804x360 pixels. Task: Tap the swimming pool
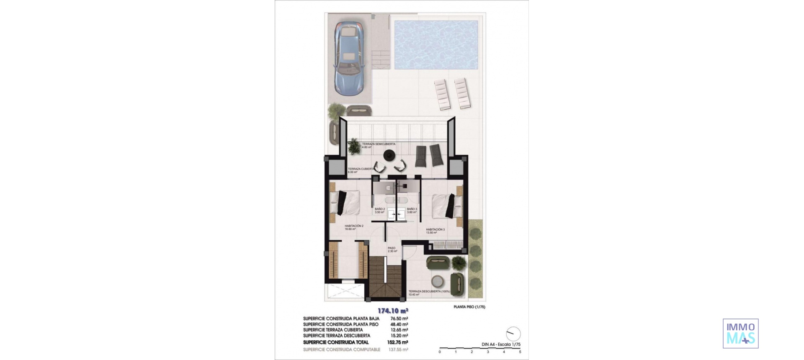436,45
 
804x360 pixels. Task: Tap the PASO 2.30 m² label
392,249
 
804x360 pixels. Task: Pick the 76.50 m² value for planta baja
399,319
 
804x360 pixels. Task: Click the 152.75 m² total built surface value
399,342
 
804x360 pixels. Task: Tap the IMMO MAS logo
740,334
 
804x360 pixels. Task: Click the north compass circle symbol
513,334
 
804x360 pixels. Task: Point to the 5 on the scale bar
520,352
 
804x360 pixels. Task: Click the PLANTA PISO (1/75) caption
469,307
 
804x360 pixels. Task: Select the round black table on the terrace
390,155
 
